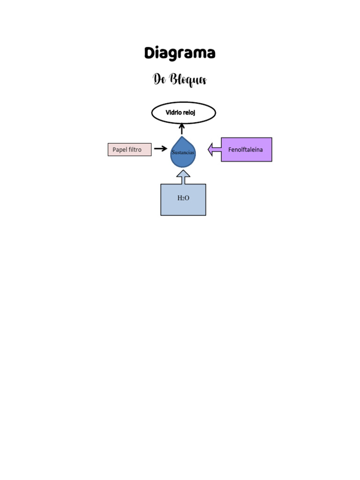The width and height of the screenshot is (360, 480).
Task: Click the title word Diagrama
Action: [x=180, y=53]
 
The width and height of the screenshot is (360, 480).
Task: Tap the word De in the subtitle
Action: [x=159, y=79]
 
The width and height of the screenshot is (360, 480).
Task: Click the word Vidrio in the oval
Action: [x=173, y=113]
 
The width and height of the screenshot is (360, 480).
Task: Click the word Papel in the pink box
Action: [x=120, y=150]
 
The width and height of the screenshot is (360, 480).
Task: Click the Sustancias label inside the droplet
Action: [x=183, y=153]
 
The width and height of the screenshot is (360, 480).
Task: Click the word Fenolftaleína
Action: [x=246, y=150]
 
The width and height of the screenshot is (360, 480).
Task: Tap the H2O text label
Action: [x=183, y=198]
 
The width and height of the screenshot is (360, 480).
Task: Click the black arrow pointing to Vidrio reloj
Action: [x=182, y=128]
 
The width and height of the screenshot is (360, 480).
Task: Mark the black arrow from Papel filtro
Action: [x=160, y=149]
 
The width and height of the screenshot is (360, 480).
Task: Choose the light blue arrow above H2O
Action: [x=183, y=177]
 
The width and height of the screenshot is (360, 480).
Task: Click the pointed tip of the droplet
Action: [x=182, y=138]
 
